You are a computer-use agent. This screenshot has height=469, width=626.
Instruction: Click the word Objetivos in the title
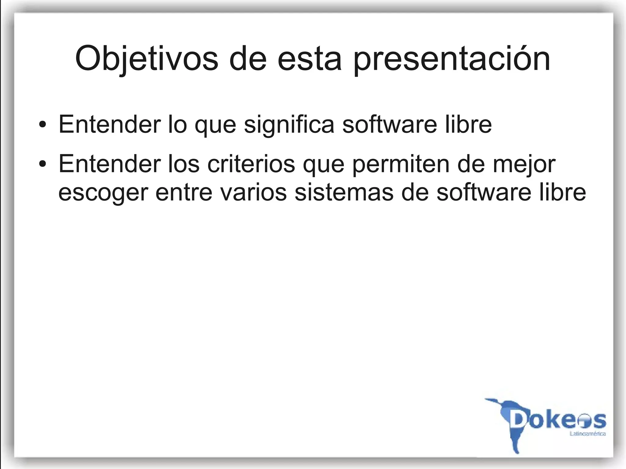click(147, 59)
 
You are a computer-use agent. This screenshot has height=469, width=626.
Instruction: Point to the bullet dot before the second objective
click(43, 164)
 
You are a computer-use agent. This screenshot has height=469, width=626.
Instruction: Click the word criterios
click(251, 164)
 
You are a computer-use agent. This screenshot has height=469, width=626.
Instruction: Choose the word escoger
click(103, 193)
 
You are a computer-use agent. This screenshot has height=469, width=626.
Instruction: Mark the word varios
click(254, 192)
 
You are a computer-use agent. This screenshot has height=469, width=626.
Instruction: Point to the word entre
click(184, 192)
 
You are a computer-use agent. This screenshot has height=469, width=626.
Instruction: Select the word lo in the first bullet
click(178, 125)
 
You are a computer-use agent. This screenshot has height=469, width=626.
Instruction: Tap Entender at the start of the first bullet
click(109, 125)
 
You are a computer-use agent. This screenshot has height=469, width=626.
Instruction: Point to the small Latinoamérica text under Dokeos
click(587, 434)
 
